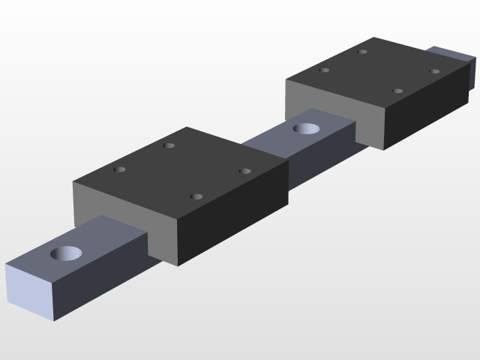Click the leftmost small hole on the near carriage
(118, 169)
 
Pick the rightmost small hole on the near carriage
(244, 171)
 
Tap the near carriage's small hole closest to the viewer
(196, 196)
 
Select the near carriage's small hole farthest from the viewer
(169, 145)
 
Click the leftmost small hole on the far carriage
(325, 70)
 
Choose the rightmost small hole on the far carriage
(434, 71)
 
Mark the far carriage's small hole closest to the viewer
(397, 91)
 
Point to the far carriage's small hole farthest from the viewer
(363, 52)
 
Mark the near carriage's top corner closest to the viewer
(179, 224)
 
